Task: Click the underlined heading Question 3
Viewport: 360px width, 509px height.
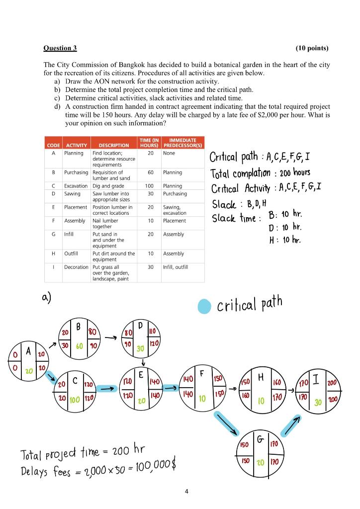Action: pos(60,48)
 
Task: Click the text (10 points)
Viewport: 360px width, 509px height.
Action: pos(312,48)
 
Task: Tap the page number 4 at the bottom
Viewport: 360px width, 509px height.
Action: pos(186,492)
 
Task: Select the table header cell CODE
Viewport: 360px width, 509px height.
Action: pos(53,145)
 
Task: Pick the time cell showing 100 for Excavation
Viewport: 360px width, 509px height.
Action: pos(151,185)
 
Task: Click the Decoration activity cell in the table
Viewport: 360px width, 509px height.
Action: pos(76,267)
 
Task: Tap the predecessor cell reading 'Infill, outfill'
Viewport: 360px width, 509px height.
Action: pos(177,267)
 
